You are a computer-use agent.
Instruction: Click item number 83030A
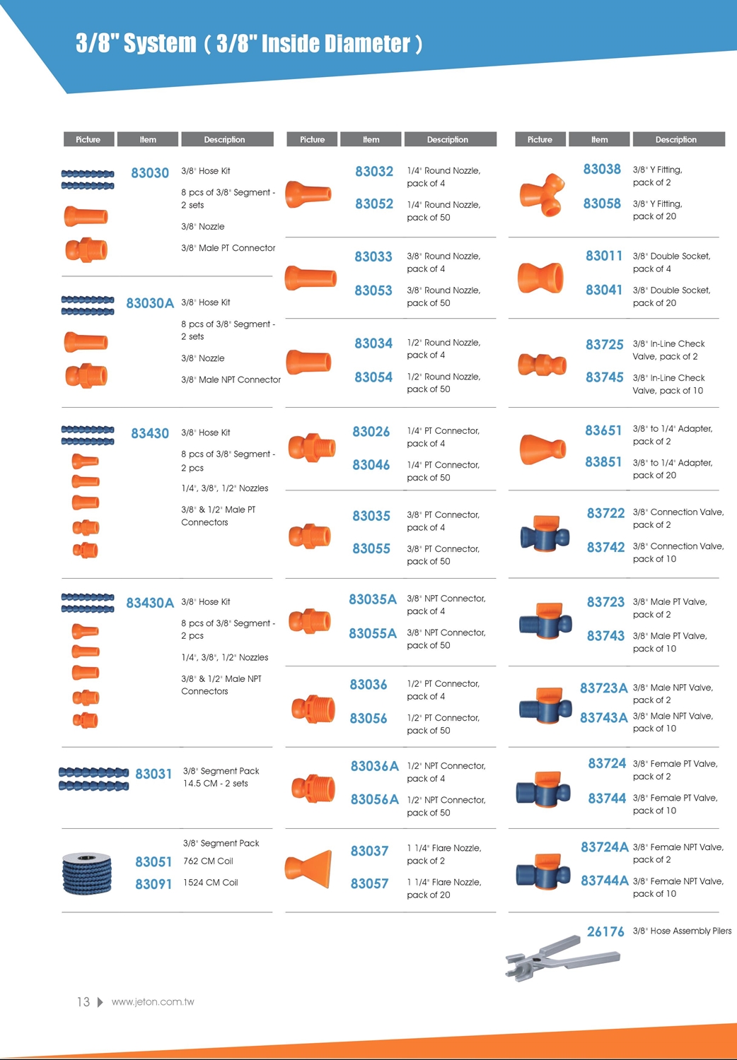pos(150,303)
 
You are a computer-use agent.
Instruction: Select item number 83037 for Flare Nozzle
pos(369,852)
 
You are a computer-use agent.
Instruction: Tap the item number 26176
pos(605,932)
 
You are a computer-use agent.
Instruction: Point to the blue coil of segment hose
pos(87,873)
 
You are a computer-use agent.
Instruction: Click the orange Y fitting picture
pos(542,193)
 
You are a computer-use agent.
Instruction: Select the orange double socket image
pos(541,277)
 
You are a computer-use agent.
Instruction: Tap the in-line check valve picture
pos(542,365)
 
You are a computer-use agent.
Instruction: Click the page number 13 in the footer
pos(83,1002)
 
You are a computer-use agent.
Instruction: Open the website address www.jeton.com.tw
pos(153,1002)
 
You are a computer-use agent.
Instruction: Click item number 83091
pos(153,884)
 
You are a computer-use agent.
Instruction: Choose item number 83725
pos(604,345)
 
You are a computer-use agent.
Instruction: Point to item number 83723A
pos(603,688)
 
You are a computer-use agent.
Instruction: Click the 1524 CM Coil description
pos(211,883)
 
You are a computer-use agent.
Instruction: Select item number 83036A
pos(375,766)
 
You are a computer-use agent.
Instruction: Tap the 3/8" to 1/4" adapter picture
pos(542,449)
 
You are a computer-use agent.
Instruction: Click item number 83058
pos(602,204)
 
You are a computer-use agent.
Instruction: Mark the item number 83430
pos(150,434)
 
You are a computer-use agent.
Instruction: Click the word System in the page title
pos(160,44)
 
